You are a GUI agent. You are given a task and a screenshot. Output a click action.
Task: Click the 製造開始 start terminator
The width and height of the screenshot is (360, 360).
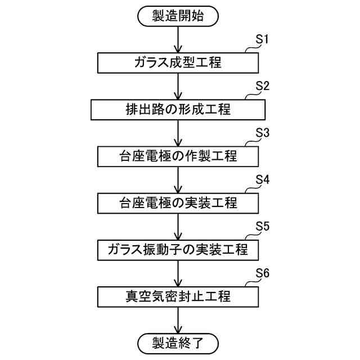pos(178,16)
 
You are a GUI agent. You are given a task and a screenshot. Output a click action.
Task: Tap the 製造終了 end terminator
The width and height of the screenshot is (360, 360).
pos(178,342)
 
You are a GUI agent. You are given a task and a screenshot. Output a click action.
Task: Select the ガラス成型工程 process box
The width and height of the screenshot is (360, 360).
pos(178,62)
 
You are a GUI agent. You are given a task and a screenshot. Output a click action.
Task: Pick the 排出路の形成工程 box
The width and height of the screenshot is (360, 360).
pos(178,109)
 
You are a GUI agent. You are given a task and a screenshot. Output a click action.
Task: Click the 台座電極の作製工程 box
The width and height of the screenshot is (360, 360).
pos(178,156)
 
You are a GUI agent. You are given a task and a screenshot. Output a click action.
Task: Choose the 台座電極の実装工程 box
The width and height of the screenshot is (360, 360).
pos(178,202)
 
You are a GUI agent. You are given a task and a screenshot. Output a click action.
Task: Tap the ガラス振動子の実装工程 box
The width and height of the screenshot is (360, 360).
pos(178,249)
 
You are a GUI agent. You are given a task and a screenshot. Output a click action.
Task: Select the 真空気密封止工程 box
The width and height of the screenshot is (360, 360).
pos(178,295)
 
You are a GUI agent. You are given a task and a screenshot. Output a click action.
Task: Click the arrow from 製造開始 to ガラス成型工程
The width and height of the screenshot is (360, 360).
pos(178,39)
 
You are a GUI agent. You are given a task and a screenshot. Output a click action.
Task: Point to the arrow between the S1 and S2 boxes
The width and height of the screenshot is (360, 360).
pos(178,86)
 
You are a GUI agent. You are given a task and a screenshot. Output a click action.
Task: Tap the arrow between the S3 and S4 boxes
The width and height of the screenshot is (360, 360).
pos(178,179)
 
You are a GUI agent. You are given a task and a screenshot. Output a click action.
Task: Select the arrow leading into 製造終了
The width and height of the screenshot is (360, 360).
pos(178,318)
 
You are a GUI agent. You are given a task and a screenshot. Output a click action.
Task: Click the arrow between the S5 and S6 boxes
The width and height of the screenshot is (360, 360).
pos(178,272)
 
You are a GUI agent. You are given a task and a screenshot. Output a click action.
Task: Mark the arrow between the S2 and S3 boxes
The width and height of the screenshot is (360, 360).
pos(178,132)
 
